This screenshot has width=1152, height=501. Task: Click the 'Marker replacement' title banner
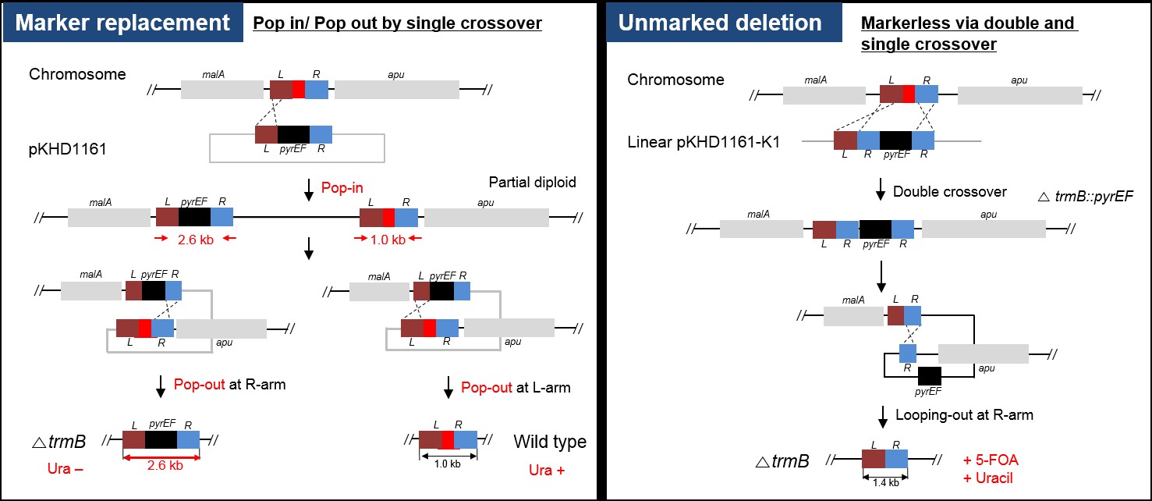[122, 23]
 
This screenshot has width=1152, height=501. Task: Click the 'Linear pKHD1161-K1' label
[704, 142]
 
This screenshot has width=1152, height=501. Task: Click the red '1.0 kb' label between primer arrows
[387, 240]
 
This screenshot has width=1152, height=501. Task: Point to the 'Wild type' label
[550, 442]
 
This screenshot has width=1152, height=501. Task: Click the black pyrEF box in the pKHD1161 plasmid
[293, 134]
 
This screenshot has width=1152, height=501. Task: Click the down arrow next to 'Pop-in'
[310, 188]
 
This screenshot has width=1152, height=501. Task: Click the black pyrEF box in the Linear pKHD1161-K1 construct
[895, 140]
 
